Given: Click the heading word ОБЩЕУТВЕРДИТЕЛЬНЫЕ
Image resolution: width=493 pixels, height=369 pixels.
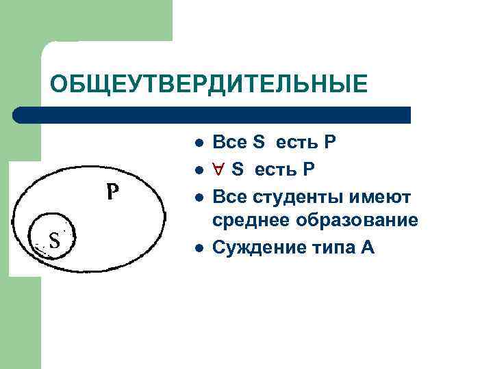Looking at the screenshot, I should pyautogui.click(x=208, y=84).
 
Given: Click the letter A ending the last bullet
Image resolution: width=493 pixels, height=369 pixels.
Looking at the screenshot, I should pyautogui.click(x=367, y=247).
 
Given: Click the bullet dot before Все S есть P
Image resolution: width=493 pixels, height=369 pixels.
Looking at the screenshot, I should pyautogui.click(x=197, y=143).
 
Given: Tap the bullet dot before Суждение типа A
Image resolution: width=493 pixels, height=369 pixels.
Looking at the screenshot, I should pyautogui.click(x=197, y=247).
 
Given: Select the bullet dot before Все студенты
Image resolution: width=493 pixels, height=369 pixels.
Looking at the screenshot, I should pyautogui.click(x=197, y=197).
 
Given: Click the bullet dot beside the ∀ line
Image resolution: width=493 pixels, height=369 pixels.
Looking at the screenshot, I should pyautogui.click(x=197, y=168).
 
